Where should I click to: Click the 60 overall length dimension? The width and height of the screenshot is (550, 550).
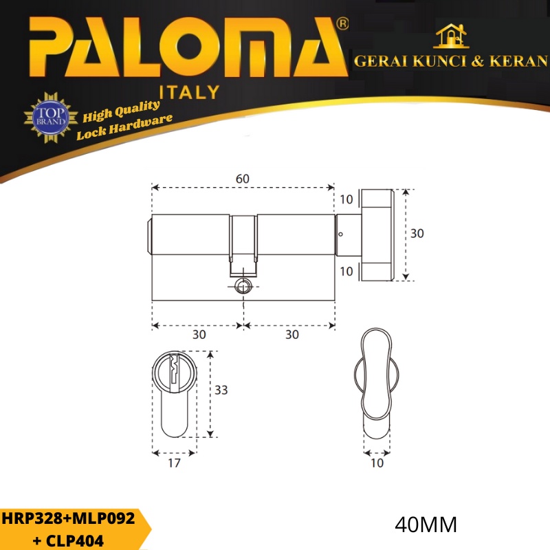pyautogui.click(x=242, y=178)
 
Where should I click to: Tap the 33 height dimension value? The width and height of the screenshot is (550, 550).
pyautogui.click(x=221, y=390)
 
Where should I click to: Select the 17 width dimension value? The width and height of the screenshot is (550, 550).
pyautogui.click(x=174, y=463)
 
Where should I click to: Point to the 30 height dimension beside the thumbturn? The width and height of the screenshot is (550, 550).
pyautogui.click(x=417, y=233)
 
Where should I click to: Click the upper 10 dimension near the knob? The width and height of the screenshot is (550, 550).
pyautogui.click(x=346, y=199)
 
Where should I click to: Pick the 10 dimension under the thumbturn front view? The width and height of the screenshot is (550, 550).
pyautogui.click(x=376, y=463)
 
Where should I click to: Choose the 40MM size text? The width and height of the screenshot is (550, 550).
pyautogui.click(x=426, y=525)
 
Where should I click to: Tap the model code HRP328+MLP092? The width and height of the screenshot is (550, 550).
pyautogui.click(x=67, y=517)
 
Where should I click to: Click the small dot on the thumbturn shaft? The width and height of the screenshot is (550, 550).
pyautogui.click(x=340, y=237)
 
